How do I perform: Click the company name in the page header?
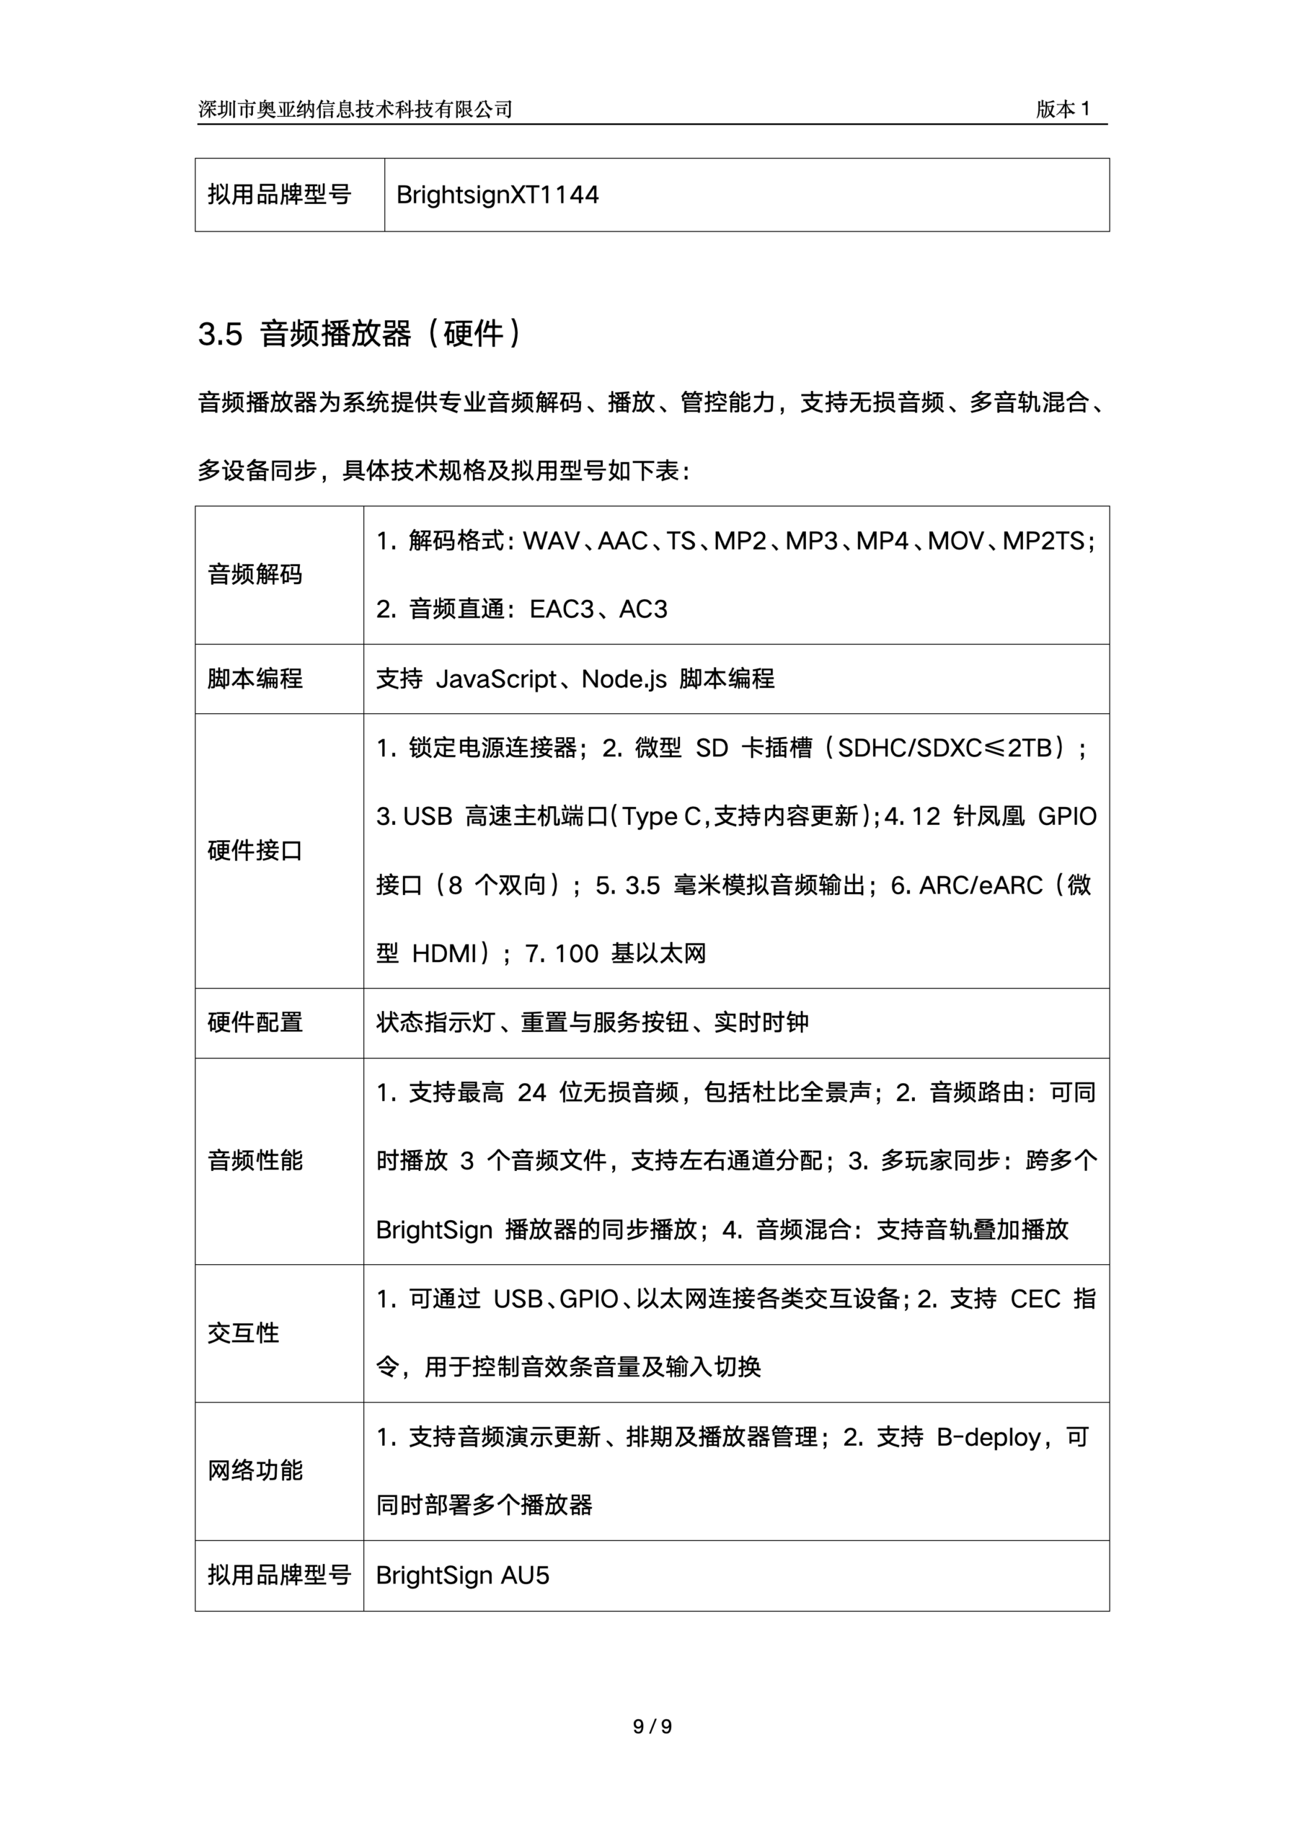355,110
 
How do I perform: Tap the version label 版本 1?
1062,110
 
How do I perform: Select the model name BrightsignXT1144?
497,195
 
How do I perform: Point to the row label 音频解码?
255,575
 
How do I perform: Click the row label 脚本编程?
255,679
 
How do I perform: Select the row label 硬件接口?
255,851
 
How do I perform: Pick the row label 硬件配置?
255,1023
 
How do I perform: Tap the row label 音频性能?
255,1161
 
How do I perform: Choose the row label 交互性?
244,1333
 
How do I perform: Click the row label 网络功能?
255,1470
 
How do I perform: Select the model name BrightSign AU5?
462,1575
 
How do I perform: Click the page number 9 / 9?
652,1726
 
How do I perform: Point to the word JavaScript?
496,679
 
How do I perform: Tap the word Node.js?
624,679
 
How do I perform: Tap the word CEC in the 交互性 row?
1035,1299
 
